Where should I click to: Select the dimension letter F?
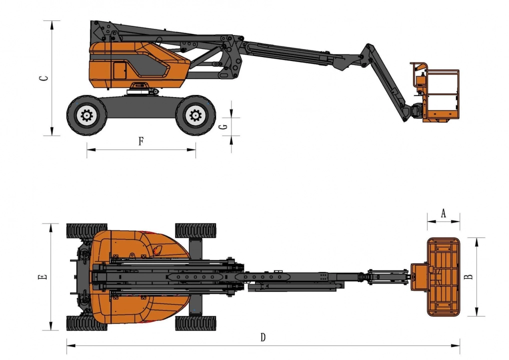point(141,141)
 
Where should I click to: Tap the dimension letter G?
point(223,126)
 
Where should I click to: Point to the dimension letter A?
point(443,213)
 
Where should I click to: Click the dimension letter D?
point(263,337)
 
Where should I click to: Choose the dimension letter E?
point(42,277)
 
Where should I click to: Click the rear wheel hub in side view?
point(86,115)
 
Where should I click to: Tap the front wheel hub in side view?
point(195,115)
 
